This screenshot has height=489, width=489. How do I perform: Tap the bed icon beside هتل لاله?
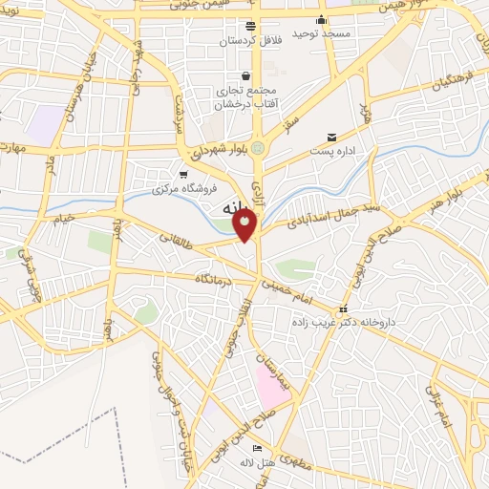(x=256, y=449)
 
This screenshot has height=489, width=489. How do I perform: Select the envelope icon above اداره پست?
(x=331, y=138)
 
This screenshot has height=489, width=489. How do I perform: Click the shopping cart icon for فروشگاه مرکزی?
(x=183, y=174)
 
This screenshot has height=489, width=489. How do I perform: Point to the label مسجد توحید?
(x=322, y=33)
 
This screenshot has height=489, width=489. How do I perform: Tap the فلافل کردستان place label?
(x=250, y=42)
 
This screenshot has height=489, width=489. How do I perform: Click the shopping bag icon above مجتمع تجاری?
(x=246, y=76)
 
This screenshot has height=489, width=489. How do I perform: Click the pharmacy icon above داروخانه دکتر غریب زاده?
(x=344, y=309)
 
